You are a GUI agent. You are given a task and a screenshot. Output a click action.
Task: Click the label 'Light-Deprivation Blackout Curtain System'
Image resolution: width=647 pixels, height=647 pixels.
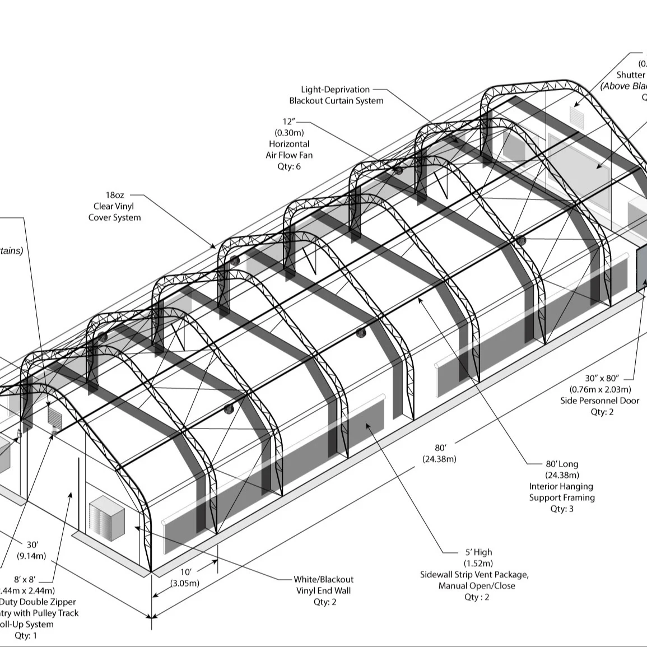pos(336,95)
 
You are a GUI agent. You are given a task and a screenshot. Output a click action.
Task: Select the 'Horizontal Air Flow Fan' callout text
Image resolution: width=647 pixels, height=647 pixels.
pos(289,150)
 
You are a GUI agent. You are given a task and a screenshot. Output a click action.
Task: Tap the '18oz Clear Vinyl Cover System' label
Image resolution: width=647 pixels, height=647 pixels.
pos(115,206)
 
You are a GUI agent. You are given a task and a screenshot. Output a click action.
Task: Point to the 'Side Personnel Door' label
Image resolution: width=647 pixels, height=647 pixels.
pos(599,401)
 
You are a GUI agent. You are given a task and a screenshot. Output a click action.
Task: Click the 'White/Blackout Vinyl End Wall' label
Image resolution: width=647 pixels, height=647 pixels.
pos(324,585)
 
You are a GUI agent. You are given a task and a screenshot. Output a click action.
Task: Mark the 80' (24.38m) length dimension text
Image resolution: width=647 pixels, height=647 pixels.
pos(440,453)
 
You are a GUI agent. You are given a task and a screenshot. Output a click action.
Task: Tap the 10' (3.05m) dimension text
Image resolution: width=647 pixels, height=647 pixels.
pos(185,578)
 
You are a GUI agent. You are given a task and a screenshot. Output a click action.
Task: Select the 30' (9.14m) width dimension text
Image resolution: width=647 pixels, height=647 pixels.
pos(31,550)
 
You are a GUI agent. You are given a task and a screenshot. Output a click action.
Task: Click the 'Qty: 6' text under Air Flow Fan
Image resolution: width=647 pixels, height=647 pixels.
pos(289,166)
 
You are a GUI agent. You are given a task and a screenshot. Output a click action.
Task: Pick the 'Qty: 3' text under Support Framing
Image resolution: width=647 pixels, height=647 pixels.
pos(562,509)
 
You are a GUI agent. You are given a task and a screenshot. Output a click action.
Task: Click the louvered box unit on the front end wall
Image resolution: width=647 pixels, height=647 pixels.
pos(106,518)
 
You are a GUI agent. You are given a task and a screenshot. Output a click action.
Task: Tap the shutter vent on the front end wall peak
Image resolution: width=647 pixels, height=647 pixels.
pos(54,416)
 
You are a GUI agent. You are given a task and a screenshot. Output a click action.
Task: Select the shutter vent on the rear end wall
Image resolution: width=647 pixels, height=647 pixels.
pos(577,115)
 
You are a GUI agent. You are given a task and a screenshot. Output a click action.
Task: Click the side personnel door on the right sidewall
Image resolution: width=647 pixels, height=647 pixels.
pos(641,269)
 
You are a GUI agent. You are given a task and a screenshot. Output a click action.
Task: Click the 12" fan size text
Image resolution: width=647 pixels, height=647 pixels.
pos(288,122)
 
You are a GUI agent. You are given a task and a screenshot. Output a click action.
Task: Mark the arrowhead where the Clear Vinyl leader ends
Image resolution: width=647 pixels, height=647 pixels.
pos(213,246)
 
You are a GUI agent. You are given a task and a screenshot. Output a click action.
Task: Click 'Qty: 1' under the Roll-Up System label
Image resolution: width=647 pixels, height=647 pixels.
pos(26,636)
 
